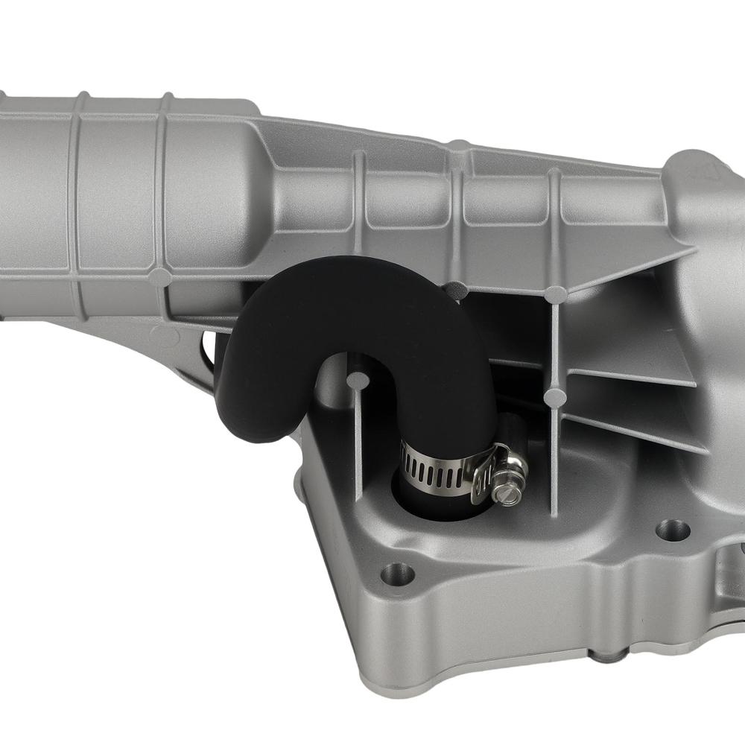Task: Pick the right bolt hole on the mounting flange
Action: tap(672, 530)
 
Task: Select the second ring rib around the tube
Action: tap(159, 186)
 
